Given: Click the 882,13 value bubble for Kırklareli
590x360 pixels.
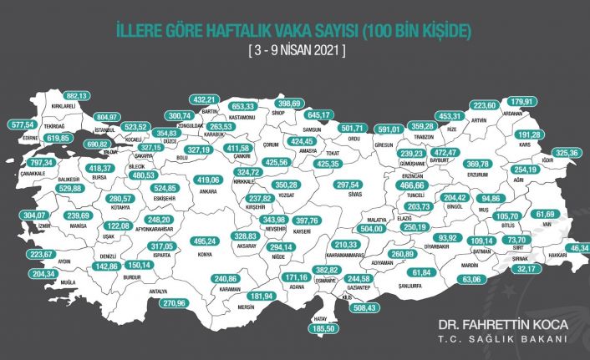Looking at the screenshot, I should point(78,96).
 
